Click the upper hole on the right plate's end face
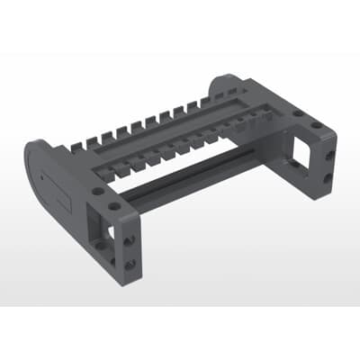[331, 154]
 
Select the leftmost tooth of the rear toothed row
[76, 143]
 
